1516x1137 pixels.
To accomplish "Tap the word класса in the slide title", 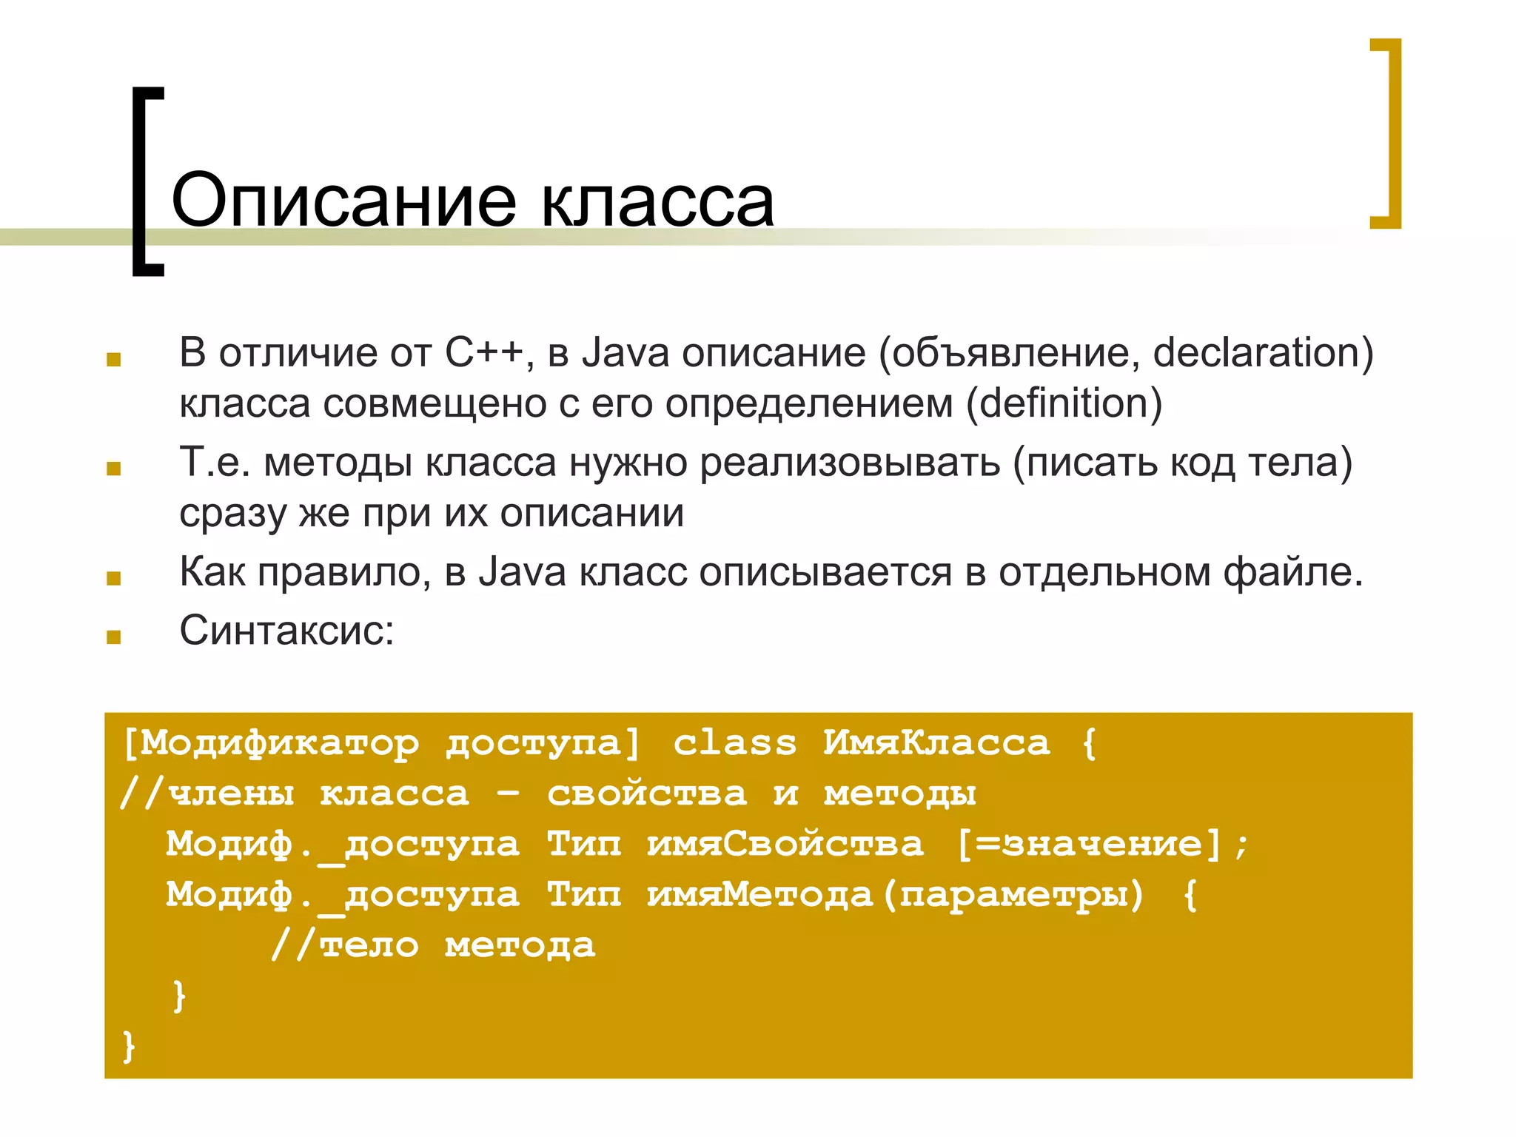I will point(657,201).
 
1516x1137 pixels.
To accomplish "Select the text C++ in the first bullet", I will point(484,352).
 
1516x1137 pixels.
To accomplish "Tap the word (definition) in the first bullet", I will point(1064,403).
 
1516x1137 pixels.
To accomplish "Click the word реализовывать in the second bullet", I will point(850,463).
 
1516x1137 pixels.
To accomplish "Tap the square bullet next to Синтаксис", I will point(113,637).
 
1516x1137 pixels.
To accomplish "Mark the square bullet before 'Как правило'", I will point(113,578).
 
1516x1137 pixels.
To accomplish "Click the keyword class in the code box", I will point(735,743).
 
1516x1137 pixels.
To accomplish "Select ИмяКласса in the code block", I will point(936,743).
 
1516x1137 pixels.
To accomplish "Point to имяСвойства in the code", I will point(785,845).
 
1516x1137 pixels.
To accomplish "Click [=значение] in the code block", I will point(1088,845).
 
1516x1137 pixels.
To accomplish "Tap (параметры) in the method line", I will point(1013,895).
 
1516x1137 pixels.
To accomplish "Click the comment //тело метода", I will point(434,945).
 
